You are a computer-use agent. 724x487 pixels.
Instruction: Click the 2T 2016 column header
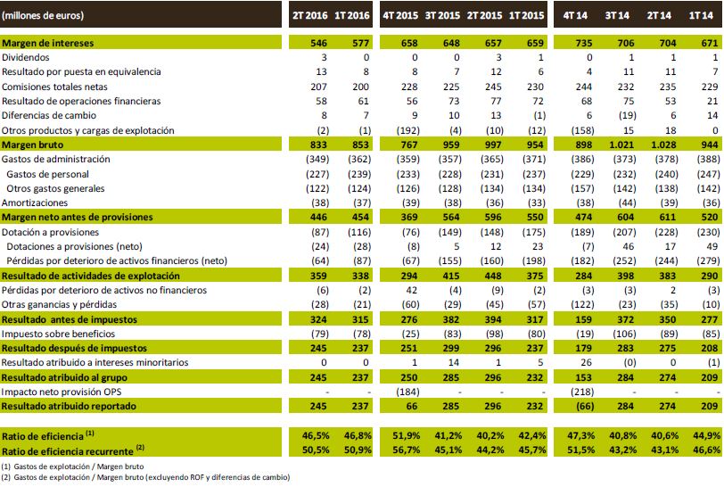click(x=312, y=15)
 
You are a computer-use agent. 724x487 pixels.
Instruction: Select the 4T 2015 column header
click(x=402, y=15)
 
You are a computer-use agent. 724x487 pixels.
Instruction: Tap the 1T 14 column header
click(x=702, y=15)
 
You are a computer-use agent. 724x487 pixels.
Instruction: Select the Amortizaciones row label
click(x=37, y=202)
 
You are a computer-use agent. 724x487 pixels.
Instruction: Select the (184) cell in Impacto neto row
click(x=406, y=391)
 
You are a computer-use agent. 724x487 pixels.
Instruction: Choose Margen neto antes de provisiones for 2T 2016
click(x=317, y=217)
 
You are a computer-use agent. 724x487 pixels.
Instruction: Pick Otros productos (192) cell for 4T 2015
click(x=406, y=130)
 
